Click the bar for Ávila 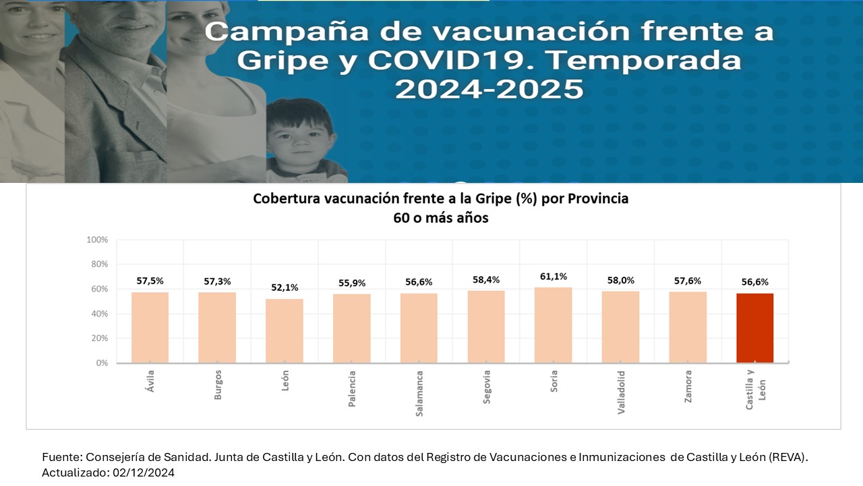pos(150,327)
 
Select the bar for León pos(284,331)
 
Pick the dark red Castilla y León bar pos(754,328)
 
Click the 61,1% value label pos(553,276)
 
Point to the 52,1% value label pos(284,288)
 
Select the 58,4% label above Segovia pos(485,279)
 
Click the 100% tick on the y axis pos(97,240)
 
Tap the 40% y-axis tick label pos(98,314)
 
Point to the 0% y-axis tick pos(101,363)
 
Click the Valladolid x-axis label pos(621,391)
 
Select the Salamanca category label pos(419,393)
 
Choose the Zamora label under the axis pos(688,386)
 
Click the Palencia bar pos(351,329)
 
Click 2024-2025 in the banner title pos(489,89)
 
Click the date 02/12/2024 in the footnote pos(142,473)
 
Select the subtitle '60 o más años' pos(440,218)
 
